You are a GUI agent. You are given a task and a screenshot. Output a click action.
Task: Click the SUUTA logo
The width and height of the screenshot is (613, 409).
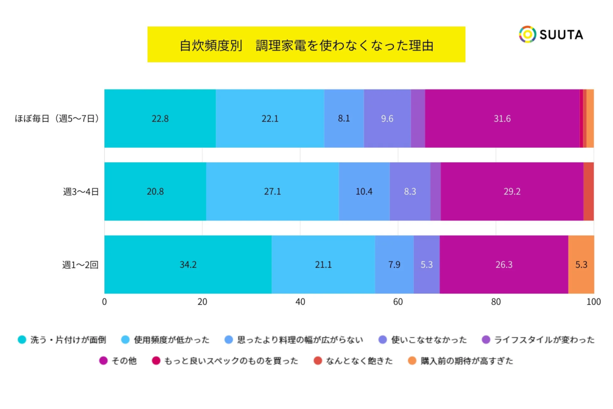(551, 34)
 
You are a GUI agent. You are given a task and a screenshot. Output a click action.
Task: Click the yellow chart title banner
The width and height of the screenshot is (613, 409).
(306, 44)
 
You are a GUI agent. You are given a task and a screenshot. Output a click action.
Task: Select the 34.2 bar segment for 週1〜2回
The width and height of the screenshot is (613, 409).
(188, 265)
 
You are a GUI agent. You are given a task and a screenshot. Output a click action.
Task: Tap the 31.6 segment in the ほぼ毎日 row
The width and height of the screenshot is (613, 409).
(502, 119)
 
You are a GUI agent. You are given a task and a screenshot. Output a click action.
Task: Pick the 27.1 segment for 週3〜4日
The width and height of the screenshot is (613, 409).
(272, 192)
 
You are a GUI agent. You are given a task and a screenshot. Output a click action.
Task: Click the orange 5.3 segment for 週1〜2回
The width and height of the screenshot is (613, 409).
(581, 265)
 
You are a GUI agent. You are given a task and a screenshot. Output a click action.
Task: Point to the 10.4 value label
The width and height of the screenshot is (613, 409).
(364, 192)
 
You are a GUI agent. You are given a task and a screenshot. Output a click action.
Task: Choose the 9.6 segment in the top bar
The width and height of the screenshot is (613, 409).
(387, 119)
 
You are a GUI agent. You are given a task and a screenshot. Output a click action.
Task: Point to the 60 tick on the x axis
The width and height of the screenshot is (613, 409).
(398, 302)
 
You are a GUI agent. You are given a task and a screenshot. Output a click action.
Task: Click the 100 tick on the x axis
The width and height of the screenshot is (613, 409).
(593, 302)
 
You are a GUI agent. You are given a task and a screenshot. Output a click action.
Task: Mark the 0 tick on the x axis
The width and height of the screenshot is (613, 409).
(105, 302)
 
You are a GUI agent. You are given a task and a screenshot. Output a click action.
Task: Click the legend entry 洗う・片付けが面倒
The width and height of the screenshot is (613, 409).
(62, 339)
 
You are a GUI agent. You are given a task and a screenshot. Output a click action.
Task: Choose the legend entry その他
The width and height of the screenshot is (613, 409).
(119, 361)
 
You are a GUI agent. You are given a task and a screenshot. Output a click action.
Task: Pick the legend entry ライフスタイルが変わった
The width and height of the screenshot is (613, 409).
(539, 339)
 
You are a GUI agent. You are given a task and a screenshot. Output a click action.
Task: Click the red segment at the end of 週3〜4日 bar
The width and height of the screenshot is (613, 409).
(588, 192)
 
